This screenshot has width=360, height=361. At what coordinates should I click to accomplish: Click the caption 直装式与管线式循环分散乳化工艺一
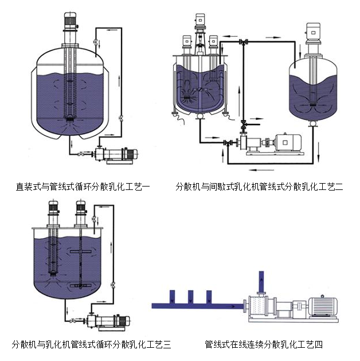83,187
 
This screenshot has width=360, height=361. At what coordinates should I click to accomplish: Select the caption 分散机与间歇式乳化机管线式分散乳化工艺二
259,187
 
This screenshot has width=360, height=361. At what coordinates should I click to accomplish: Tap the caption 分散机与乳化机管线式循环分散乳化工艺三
91,344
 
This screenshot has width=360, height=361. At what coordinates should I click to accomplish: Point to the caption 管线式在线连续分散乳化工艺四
264,344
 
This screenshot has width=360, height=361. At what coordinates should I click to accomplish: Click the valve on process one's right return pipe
121,118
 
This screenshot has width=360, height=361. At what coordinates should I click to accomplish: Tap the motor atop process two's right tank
314,33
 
